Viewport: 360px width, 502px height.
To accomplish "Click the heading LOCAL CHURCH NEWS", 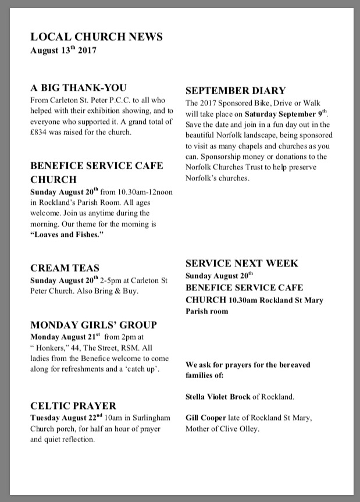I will pos(97,37).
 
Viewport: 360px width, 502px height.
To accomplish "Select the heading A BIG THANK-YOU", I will pos(79,88).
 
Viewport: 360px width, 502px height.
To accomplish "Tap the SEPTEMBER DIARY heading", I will pos(236,90).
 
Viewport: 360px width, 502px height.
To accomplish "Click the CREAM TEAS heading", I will pos(65,268).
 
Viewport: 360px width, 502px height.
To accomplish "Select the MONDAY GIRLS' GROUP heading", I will pos(94,325).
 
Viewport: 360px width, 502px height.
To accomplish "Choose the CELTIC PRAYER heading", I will pos(73,405).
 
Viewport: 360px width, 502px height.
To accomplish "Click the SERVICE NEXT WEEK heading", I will pos(242,264).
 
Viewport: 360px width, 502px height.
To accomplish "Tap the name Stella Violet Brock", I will pos(218,397).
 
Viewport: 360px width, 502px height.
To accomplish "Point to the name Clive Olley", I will pos(239,429).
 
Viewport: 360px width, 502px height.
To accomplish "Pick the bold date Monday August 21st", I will pos(65,337).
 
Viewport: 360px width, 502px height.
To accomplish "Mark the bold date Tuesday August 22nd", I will pos(66,418).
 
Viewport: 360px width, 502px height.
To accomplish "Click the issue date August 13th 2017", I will pos(63,51).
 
